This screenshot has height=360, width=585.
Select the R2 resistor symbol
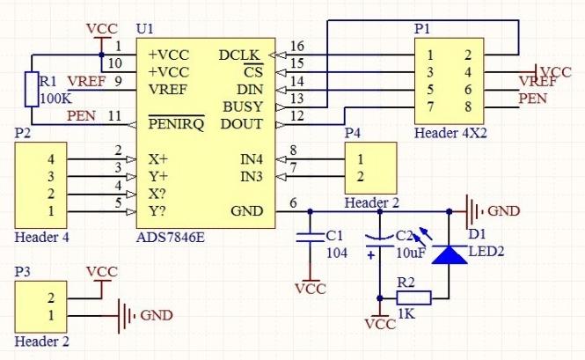click(413, 298)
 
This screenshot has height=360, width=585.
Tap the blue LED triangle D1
click(450, 254)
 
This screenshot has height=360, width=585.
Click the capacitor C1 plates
click(309, 237)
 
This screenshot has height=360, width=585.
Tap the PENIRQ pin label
click(175, 123)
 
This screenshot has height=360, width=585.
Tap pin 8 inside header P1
click(468, 106)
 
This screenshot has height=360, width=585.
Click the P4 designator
click(353, 133)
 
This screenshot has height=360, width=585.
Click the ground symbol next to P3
click(127, 314)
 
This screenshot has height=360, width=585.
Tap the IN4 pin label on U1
click(250, 159)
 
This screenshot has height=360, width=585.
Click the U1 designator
click(144, 30)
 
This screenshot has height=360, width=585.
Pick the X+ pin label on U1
click(159, 159)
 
